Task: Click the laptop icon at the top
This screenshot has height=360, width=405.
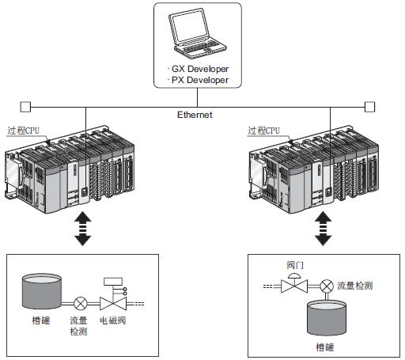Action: click(198, 33)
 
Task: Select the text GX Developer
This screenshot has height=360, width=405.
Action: click(200, 69)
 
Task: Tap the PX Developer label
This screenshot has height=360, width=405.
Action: click(200, 80)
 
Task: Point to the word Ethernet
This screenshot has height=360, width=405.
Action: click(195, 115)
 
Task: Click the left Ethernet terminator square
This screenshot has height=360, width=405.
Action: click(25, 107)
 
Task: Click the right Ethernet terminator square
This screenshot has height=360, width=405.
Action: click(369, 107)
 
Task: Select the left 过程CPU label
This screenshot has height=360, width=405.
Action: click(23, 131)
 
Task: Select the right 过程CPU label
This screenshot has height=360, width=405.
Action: click(263, 131)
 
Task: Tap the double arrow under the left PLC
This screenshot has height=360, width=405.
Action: click(83, 229)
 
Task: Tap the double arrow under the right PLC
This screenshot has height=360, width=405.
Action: click(323, 229)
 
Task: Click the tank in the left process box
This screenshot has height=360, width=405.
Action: click(42, 291)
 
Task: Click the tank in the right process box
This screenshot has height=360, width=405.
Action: click(327, 317)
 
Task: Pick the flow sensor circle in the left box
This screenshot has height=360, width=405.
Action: click(80, 304)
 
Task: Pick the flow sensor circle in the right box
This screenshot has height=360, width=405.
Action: click(327, 286)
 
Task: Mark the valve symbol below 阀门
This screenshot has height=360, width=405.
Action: click(294, 283)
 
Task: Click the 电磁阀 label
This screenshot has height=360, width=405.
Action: click(112, 320)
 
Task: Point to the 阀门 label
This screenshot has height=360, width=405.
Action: click(295, 265)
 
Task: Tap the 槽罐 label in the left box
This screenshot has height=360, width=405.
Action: click(41, 320)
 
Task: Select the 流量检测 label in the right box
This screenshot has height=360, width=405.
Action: click(355, 286)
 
